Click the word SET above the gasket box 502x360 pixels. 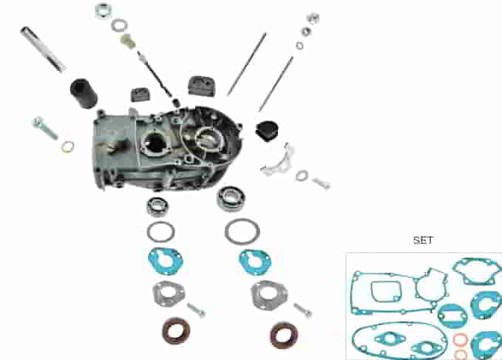[x=423, y=240]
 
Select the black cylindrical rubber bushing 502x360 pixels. [x=84, y=93]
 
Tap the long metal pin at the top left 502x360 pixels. [x=43, y=49]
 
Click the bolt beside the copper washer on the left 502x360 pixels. [x=45, y=128]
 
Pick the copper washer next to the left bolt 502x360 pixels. [x=67, y=147]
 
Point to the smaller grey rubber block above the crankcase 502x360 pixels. [x=140, y=95]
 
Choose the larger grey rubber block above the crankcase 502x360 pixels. [x=201, y=86]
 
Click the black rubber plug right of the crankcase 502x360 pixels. [x=267, y=131]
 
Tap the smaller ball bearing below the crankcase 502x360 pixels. [x=157, y=206]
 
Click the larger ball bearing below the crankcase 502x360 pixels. [x=231, y=199]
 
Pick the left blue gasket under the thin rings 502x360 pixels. [x=166, y=261]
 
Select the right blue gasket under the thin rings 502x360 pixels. [x=255, y=262]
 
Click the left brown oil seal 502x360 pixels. [x=176, y=330]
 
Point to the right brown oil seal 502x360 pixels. [x=284, y=335]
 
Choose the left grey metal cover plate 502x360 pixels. [x=169, y=293]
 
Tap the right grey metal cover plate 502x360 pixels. [x=269, y=296]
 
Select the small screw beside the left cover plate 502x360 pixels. [x=196, y=310]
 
